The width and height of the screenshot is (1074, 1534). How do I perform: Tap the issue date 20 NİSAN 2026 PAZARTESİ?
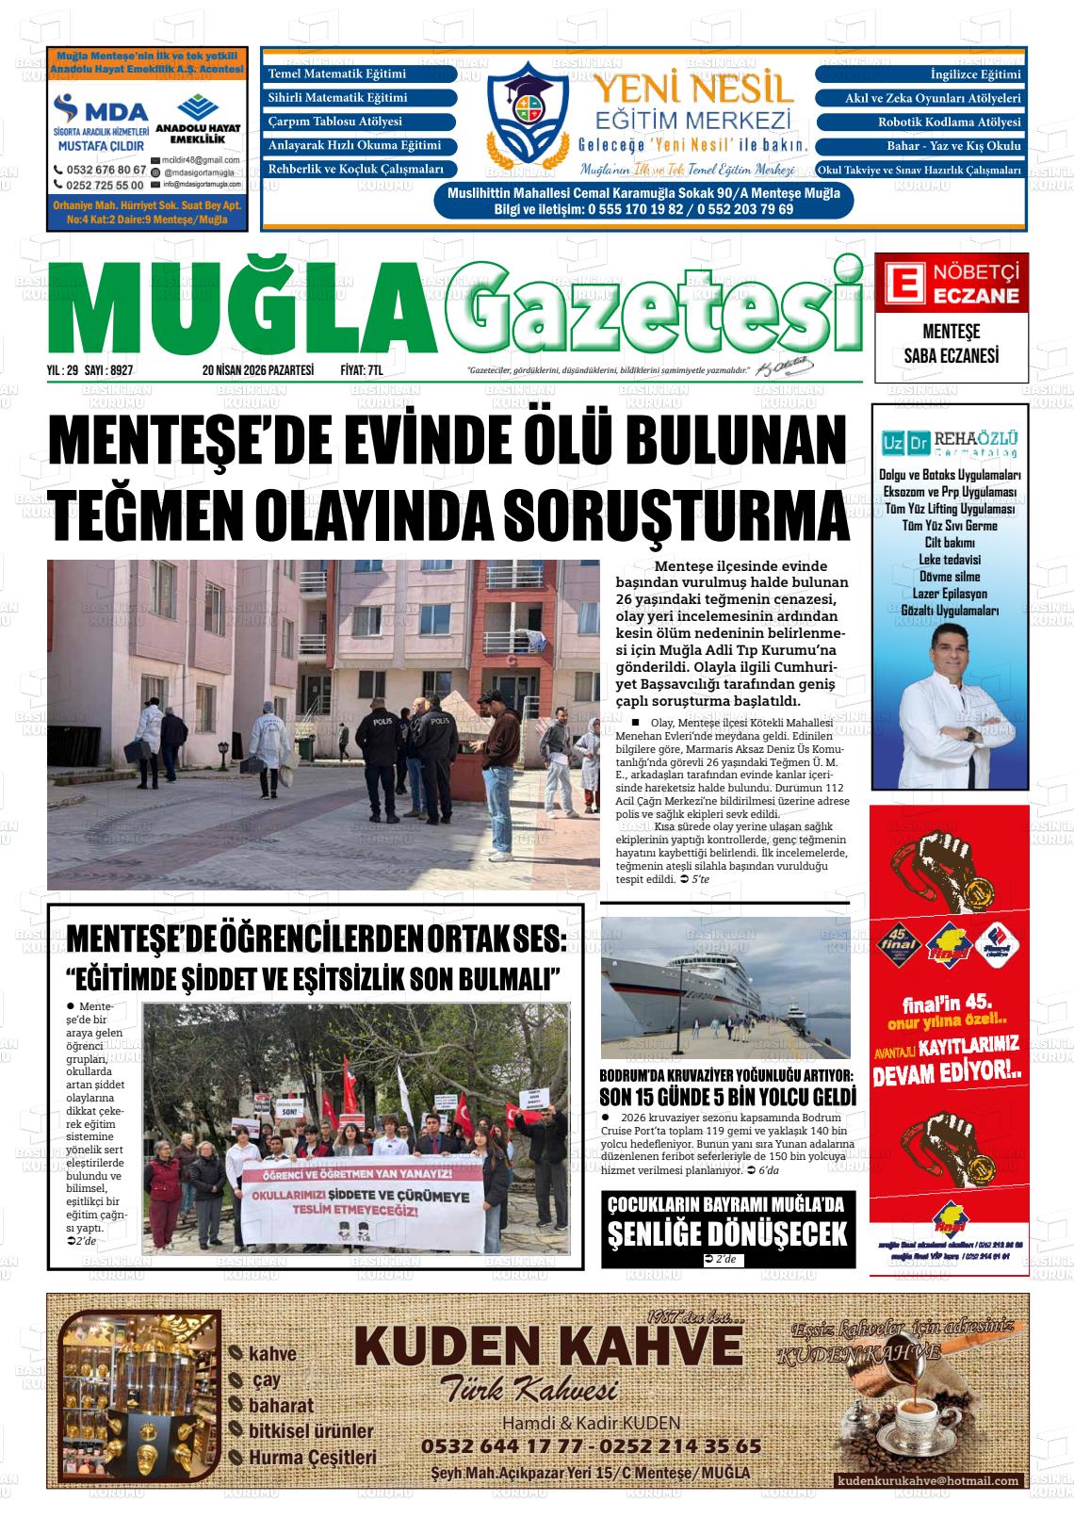[257, 371]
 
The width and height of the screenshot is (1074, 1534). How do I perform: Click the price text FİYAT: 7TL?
[362, 371]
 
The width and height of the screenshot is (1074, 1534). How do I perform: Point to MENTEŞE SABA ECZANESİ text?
[951, 344]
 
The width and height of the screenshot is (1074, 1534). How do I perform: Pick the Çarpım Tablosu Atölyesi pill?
[359, 122]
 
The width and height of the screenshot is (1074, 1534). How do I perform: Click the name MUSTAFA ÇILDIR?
[101, 146]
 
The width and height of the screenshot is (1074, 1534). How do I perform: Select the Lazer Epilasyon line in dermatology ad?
[950, 594]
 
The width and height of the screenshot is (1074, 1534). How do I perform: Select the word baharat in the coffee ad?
[281, 1406]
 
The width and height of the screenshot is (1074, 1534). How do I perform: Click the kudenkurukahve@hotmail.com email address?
[928, 1481]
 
